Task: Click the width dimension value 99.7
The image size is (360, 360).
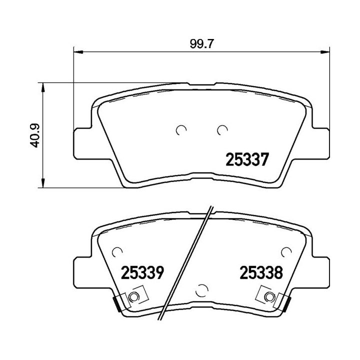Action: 201,43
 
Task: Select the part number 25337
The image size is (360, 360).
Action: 248,160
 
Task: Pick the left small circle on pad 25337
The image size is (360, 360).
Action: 181,130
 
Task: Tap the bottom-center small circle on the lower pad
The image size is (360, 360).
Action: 202,289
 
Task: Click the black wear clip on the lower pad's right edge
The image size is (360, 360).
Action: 287,303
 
